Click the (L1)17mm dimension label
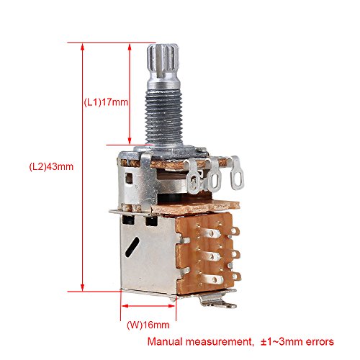(106, 102)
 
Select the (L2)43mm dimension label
(51, 166)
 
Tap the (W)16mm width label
(148, 325)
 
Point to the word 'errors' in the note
(320, 341)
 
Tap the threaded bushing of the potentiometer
(164, 117)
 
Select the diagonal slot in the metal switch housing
(132, 247)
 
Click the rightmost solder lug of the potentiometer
(236, 174)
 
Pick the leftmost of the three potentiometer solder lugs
(193, 176)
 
